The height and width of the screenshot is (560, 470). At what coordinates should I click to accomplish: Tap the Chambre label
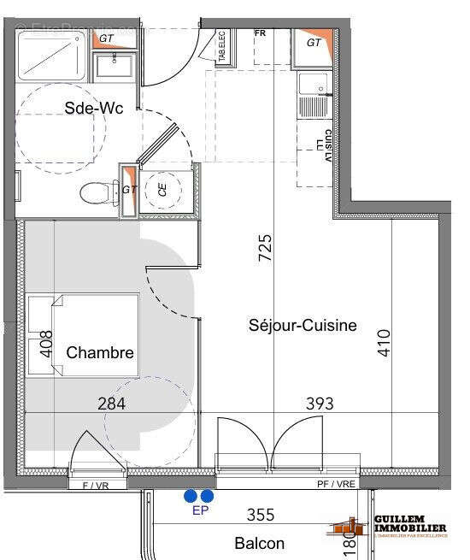(x=100, y=352)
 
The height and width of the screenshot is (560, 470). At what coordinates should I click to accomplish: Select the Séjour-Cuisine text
(x=303, y=325)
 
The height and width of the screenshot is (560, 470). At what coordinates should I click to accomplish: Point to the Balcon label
(x=259, y=543)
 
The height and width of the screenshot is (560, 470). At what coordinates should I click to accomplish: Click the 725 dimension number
(x=265, y=249)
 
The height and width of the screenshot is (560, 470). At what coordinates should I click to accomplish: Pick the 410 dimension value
(x=384, y=344)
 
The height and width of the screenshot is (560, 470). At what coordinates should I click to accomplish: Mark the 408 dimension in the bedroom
(x=47, y=345)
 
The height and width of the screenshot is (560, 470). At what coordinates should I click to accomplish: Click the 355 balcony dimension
(x=261, y=515)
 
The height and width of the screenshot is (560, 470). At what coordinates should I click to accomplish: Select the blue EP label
(x=200, y=511)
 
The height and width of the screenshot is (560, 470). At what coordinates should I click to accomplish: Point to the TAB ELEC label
(x=220, y=46)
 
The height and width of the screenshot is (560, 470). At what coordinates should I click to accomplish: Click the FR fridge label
(x=261, y=33)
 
